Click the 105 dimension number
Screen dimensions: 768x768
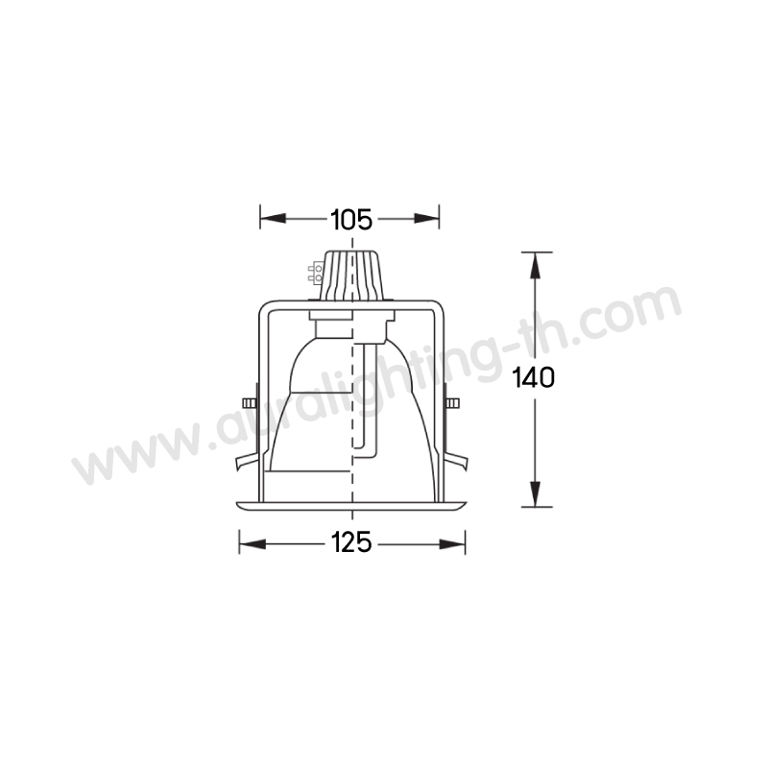[351, 219]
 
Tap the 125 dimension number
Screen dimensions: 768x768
[351, 542]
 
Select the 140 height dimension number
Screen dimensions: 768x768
[534, 377]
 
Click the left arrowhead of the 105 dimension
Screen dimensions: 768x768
[273, 218]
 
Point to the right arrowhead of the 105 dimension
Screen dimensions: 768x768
[426, 218]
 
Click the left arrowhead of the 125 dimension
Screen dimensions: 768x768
[252, 543]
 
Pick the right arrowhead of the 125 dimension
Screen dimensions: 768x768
[452, 543]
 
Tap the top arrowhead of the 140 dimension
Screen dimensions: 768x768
[535, 265]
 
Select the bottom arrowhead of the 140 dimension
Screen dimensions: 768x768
[535, 493]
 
